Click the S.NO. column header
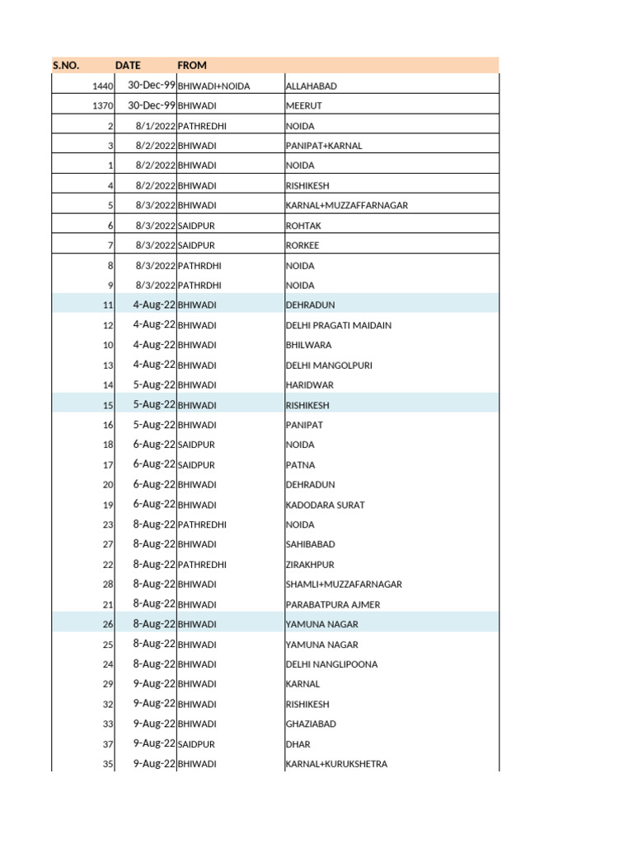click(66, 65)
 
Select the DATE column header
click(128, 65)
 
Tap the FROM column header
click(192, 65)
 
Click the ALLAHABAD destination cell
click(311, 86)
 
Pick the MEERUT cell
click(303, 106)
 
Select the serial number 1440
click(103, 86)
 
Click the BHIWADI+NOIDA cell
click(213, 86)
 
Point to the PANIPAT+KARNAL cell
click(323, 146)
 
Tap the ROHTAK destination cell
click(303, 226)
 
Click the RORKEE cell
click(302, 245)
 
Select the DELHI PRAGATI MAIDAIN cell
click(338, 325)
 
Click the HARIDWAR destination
click(309, 385)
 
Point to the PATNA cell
click(300, 465)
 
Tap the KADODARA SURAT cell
click(325, 505)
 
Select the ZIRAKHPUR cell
click(310, 565)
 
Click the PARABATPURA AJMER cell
click(332, 604)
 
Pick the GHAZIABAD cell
click(311, 724)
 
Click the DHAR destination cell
click(298, 744)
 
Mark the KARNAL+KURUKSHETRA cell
click(336, 764)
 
